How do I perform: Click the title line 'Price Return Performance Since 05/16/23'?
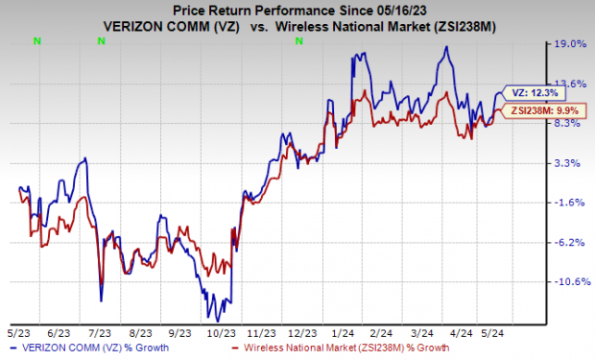297,9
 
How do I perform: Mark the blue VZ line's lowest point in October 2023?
218,320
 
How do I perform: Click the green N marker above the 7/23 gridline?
101,40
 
